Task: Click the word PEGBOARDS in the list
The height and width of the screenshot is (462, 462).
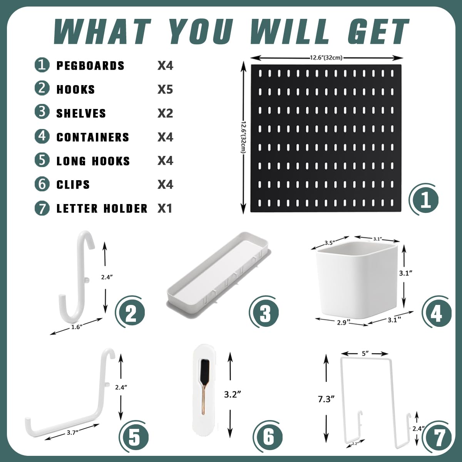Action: point(90,65)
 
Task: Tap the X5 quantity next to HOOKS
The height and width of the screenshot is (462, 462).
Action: point(165,89)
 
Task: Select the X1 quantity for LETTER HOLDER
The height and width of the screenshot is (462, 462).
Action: point(165,208)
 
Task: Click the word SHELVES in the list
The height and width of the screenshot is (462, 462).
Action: point(81,113)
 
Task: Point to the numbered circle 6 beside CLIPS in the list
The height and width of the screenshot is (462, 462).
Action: point(42,184)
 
